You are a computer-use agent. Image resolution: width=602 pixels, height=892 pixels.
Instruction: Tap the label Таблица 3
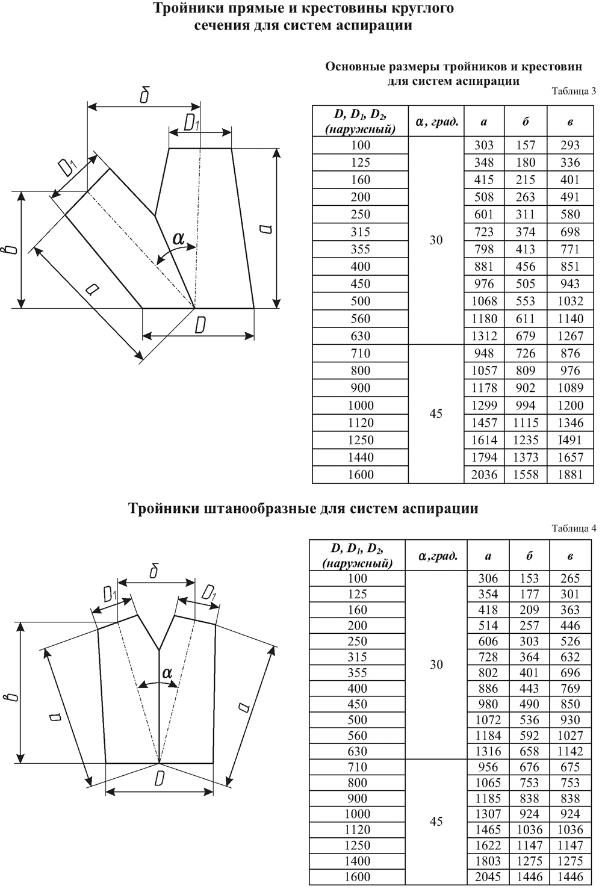tap(573, 91)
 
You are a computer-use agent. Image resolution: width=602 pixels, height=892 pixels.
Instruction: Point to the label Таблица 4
tap(573, 528)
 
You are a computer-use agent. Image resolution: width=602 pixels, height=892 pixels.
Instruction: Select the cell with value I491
tap(569, 440)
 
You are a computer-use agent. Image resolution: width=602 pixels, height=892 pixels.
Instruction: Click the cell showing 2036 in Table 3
tap(485, 475)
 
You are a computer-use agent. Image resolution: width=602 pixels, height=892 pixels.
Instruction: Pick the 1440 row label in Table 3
tap(361, 457)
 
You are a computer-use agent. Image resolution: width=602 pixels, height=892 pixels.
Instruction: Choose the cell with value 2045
tap(488, 877)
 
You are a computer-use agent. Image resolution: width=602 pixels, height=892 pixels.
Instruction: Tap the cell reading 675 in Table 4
tap(569, 767)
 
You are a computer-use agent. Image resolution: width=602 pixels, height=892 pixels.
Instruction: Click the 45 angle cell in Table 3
tap(436, 414)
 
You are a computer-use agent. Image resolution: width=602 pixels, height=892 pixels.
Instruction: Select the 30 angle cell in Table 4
tap(436, 664)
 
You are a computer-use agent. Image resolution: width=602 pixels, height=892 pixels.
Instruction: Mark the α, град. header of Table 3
tap(436, 122)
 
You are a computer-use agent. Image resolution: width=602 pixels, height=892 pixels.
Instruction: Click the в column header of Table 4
tap(569, 556)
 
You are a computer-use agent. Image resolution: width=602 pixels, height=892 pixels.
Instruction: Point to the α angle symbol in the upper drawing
tap(179, 238)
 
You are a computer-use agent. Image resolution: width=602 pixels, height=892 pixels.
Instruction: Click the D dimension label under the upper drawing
tap(200, 326)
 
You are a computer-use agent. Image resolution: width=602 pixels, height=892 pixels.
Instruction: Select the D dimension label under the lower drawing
tap(160, 779)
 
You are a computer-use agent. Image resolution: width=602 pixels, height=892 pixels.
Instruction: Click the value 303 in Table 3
tap(485, 145)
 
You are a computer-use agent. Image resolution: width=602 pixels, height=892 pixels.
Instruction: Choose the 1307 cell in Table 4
tap(488, 814)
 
